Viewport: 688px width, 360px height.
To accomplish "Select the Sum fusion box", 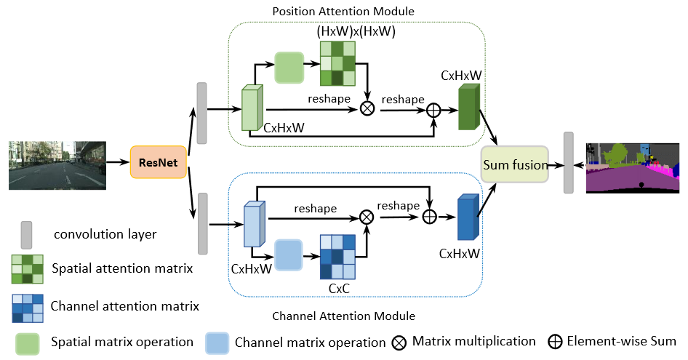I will click(x=515, y=165).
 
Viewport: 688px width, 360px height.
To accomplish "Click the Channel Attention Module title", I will click(x=343, y=316).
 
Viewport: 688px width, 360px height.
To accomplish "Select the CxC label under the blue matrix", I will click(x=340, y=290).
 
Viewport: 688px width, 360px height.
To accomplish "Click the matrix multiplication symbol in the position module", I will click(x=367, y=108).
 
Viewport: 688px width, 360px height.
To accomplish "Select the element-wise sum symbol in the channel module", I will click(x=429, y=216).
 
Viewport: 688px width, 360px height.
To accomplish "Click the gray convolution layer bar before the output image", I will click(x=568, y=164).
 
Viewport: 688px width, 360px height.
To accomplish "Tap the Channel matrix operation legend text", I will click(x=310, y=342).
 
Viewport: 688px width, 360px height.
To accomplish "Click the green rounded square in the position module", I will click(x=289, y=68).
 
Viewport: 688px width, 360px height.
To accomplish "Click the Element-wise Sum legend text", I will click(x=622, y=341).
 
